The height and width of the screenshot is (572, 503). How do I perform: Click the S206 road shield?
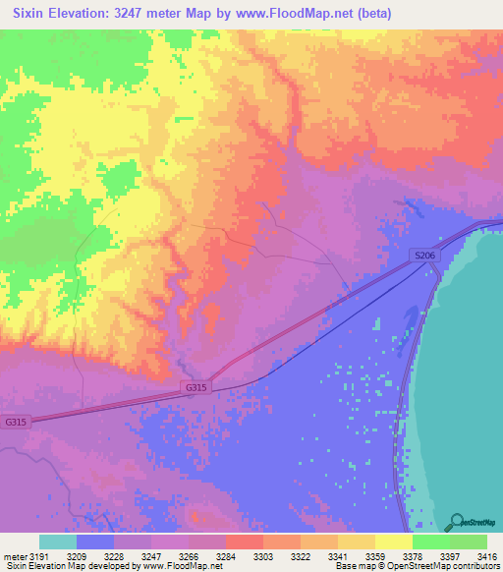coord(423,256)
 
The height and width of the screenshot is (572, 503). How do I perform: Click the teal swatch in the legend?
coord(58,543)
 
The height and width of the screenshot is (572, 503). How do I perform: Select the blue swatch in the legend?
coord(95,543)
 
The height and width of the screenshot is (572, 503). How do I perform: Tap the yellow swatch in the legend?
coord(394,543)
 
